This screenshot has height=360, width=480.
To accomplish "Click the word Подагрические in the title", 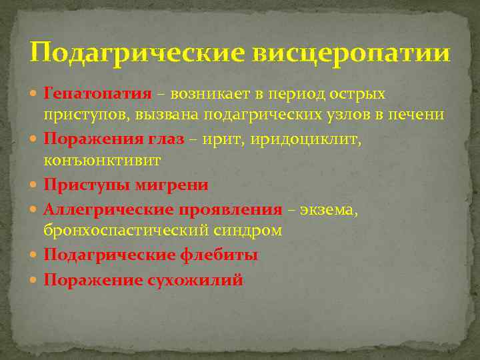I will tap(137, 53).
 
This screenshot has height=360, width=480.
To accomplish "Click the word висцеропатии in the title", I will tap(351, 53).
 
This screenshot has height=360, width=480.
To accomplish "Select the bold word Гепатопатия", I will tap(97, 93).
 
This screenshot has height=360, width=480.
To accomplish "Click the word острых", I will tap(357, 93).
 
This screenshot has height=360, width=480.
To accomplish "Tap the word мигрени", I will tap(175, 185).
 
